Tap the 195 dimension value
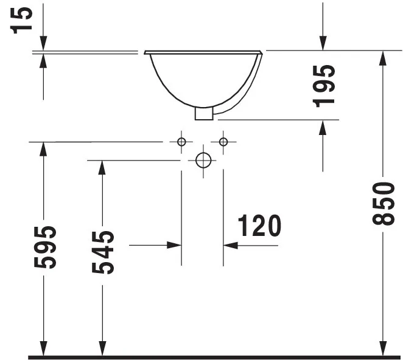[x=327, y=85]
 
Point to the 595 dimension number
[x=47, y=247]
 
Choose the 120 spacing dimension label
[x=259, y=226]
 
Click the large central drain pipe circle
[x=203, y=161]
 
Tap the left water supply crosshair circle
[x=181, y=142]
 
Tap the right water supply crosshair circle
[x=223, y=142]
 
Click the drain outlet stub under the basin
[x=203, y=113]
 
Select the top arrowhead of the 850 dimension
[x=382, y=58]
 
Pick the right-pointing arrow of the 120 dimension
[x=175, y=245]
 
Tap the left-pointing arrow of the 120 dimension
[x=231, y=245]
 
